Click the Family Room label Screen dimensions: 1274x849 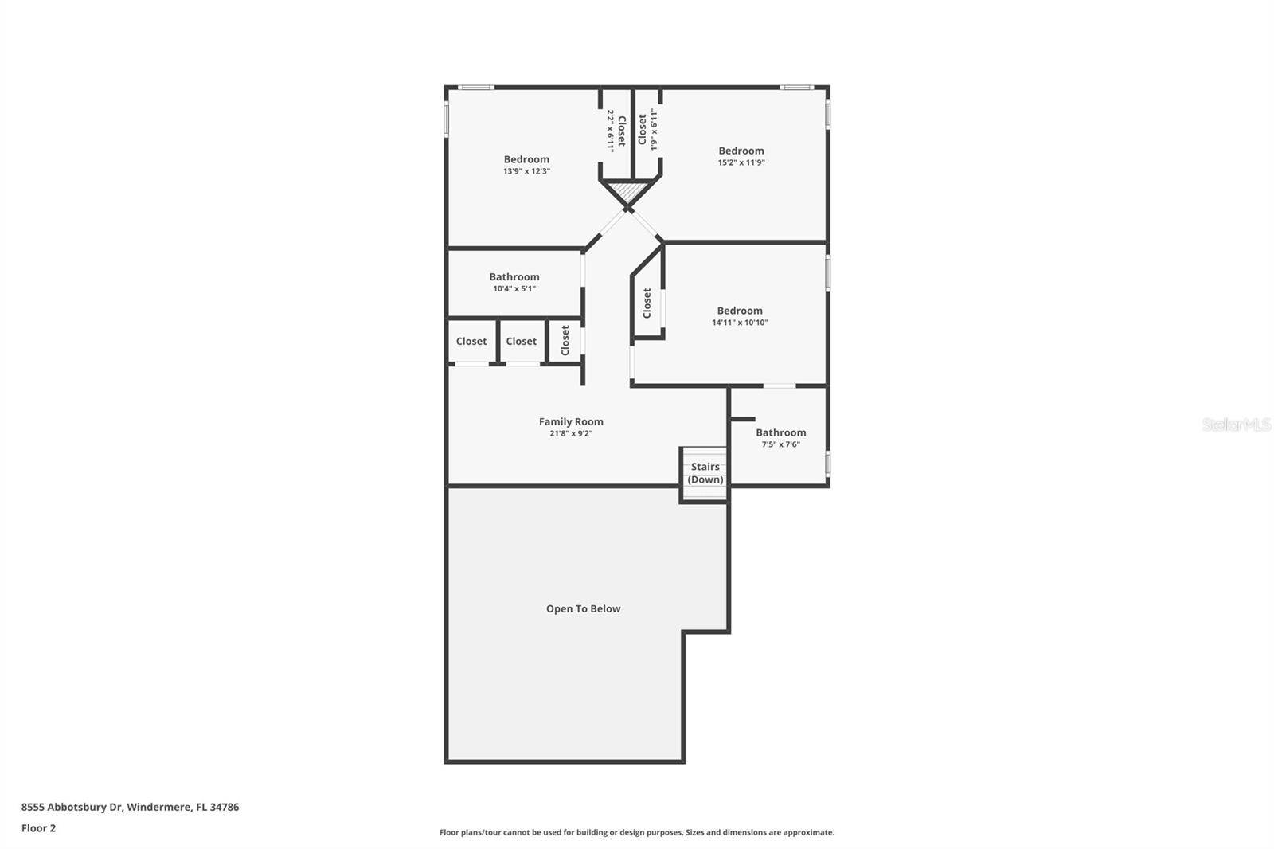click(x=571, y=421)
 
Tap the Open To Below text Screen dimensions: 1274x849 click(x=583, y=608)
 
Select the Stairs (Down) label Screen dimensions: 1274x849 click(x=705, y=473)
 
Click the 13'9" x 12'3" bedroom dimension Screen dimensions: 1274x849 click(x=526, y=171)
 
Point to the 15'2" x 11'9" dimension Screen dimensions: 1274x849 click(x=741, y=162)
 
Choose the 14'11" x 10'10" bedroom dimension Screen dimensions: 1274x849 click(x=740, y=323)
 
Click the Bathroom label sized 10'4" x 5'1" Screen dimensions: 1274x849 click(x=514, y=277)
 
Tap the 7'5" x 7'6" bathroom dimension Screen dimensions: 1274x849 click(x=781, y=444)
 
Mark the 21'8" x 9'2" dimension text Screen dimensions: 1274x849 click(x=571, y=433)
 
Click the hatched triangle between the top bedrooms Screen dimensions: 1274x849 click(x=629, y=190)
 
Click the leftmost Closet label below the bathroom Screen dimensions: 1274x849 click(x=471, y=342)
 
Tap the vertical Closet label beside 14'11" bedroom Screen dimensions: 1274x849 click(x=647, y=303)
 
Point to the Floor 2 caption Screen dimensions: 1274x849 click(x=39, y=828)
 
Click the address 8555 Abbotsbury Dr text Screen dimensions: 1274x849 click(x=72, y=807)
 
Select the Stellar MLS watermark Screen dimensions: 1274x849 click(x=1237, y=424)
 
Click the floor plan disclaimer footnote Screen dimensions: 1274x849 click(x=637, y=832)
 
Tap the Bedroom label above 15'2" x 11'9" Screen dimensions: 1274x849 click(x=741, y=151)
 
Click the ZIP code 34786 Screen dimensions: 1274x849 click(x=224, y=807)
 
